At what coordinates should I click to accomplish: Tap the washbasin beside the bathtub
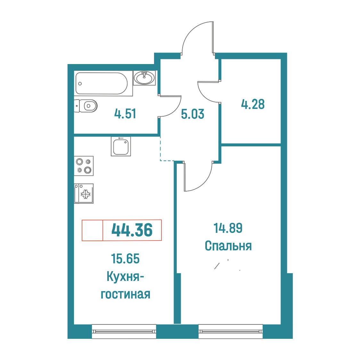coord(144,78)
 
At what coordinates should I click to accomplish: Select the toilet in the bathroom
coord(86,106)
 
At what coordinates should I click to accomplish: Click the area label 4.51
coord(125,114)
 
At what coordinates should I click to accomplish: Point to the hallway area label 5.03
coord(192,114)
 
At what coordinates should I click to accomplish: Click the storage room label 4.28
coord(253,104)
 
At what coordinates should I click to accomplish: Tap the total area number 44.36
coord(132,230)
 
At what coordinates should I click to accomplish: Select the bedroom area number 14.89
coord(228,228)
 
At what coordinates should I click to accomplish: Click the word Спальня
coord(228,246)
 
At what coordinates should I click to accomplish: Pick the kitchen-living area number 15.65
coord(125,258)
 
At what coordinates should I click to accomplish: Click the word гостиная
coord(126,294)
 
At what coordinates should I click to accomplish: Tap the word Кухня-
coord(125,276)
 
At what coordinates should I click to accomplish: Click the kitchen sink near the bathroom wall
coord(121,146)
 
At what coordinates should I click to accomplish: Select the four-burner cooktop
coord(84,166)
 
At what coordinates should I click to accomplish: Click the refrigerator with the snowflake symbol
coord(84,193)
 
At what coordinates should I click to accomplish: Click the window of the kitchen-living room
coord(124,331)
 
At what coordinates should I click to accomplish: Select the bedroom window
coord(231,331)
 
